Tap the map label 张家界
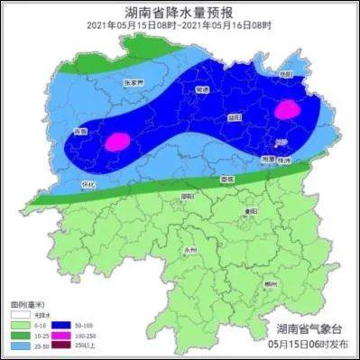pyautogui.click(x=133, y=82)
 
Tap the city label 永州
pyautogui.click(x=189, y=245)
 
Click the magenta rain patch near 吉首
pyautogui.click(x=117, y=142)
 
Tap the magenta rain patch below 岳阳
pyautogui.click(x=288, y=110)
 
